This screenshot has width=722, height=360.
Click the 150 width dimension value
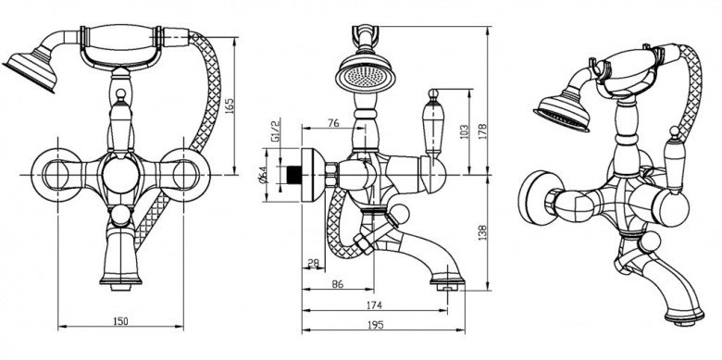pyautogui.click(x=120, y=321)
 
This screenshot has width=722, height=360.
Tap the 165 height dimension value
pyautogui.click(x=230, y=106)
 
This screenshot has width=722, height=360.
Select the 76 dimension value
pyautogui.click(x=333, y=123)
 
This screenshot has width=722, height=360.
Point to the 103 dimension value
pyautogui.click(x=464, y=131)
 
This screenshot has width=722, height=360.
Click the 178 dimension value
pyautogui.click(x=482, y=131)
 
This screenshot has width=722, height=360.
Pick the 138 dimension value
pyautogui.click(x=482, y=232)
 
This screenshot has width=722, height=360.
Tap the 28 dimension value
pyautogui.click(x=313, y=263)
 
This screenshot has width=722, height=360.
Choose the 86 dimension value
pyautogui.click(x=338, y=284)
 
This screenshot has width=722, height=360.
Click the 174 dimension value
pyautogui.click(x=374, y=304)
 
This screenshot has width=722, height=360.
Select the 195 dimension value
pyautogui.click(x=376, y=325)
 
